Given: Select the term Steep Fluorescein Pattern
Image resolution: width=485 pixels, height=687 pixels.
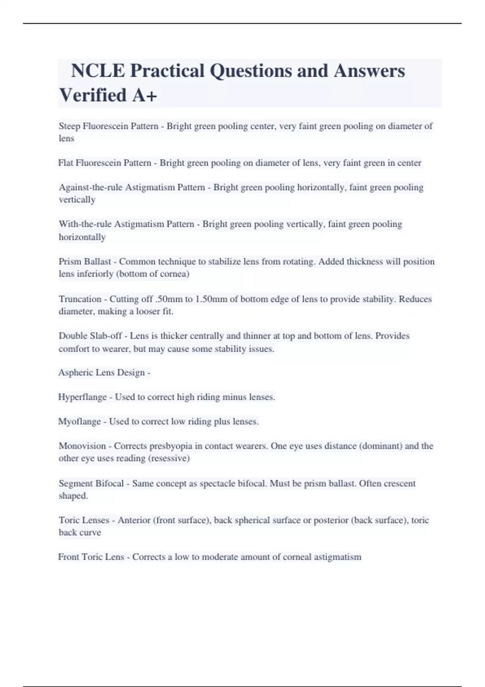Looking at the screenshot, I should click(108, 126).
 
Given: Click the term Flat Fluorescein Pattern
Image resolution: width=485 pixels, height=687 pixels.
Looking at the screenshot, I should click(105, 163).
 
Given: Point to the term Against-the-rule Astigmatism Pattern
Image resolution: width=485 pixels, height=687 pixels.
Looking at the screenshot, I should click(132, 188).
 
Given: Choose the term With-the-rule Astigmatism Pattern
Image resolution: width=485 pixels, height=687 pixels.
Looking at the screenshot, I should click(126, 224).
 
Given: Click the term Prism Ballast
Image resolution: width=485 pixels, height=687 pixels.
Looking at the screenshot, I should click(84, 261).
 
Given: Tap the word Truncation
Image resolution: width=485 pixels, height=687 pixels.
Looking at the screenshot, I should click(80, 299).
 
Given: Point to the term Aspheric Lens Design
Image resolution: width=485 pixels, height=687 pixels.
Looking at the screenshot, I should click(101, 373).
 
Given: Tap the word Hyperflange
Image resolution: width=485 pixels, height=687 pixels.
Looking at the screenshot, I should click(82, 397).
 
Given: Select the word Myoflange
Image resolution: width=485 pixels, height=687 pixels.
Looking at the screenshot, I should click(80, 421).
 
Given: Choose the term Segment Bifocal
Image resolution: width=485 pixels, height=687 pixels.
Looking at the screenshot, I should click(91, 483).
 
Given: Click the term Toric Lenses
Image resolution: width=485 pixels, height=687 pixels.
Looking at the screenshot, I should click(84, 520).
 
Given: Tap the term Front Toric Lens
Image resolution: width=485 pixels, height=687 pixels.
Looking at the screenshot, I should click(91, 557).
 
